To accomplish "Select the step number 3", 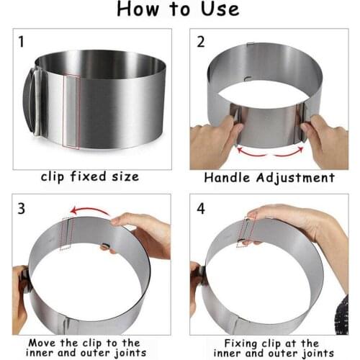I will coord(22,210).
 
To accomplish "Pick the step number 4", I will coord(201,210).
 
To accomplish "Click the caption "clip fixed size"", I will coord(90,177).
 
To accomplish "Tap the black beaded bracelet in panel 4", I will coord(341,317).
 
